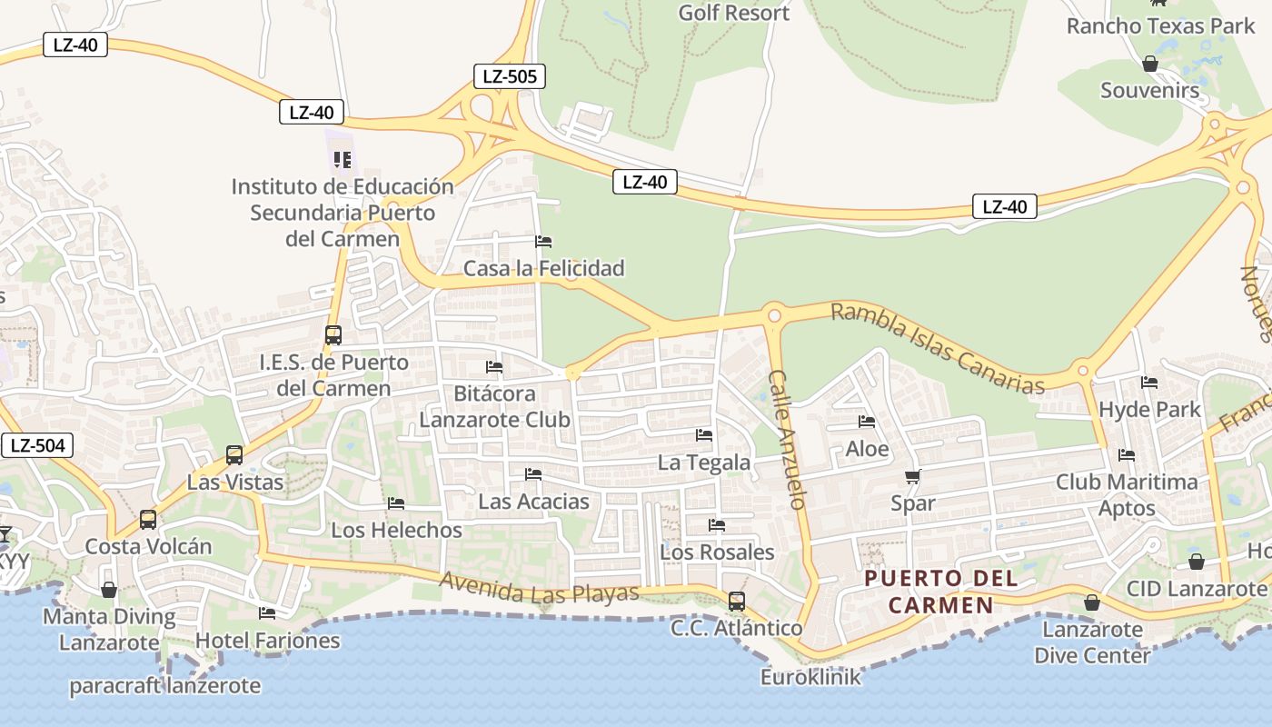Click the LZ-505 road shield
[x=509, y=76]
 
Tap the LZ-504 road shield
[x=37, y=445]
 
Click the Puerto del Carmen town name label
[x=940, y=592]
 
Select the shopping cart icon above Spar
[x=913, y=477]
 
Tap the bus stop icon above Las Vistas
[x=234, y=455]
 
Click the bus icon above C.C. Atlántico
[x=736, y=602]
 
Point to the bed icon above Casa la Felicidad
[x=543, y=242]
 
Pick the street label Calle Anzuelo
[x=788, y=439]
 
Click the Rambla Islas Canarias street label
[x=938, y=349]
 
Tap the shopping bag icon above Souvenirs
[x=1149, y=65]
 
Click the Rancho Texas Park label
[x=1160, y=26]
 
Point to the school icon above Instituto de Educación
[x=343, y=161]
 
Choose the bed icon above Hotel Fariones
[x=267, y=613]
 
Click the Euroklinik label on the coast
[x=810, y=677]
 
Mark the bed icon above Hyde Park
[x=1149, y=383]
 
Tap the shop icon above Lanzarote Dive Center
[x=1091, y=603]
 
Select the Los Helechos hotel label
[x=396, y=530]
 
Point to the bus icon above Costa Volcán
[x=147, y=520]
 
